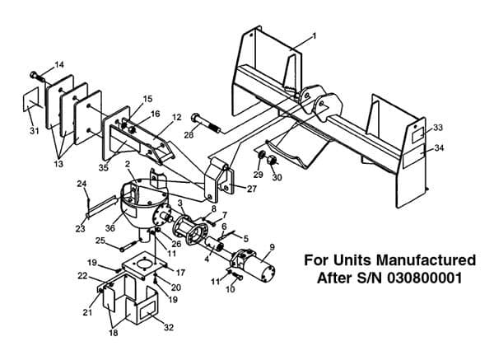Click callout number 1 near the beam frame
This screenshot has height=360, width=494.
pos(314,36)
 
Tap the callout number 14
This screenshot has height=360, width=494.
pos(59,64)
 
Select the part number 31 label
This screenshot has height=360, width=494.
pos(34,130)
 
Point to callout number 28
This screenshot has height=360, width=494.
pos(189,135)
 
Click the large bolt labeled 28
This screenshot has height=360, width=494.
pos(205,124)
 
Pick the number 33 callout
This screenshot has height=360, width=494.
pos(438,128)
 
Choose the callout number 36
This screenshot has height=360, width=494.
pos(110,227)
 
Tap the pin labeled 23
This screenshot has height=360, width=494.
pos(101,206)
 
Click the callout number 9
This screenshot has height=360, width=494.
pos(272,247)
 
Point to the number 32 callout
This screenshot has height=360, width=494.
pos(169,327)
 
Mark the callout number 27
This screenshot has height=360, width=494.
pos(252,189)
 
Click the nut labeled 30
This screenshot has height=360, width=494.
pos(273,160)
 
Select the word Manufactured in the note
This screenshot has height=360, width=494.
pos(426,260)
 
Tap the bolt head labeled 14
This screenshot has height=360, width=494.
pos(34,75)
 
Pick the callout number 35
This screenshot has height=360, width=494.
pos(104,167)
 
